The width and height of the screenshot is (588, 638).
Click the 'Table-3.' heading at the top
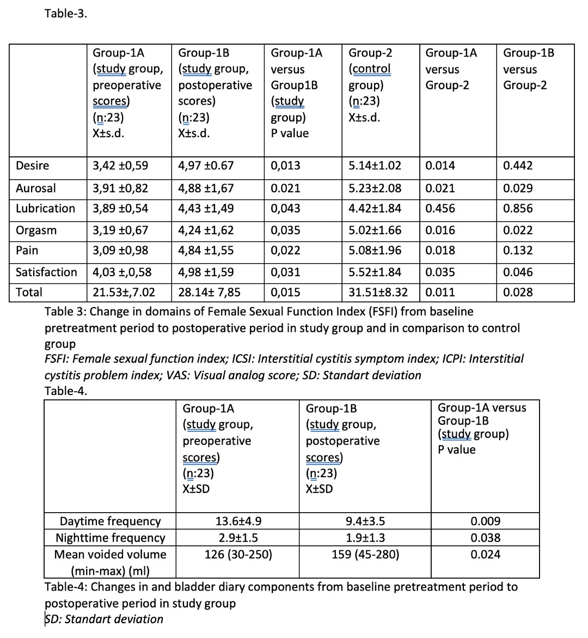(x=66, y=14)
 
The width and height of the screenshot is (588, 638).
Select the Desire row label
(x=32, y=166)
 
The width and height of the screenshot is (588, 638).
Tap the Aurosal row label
(x=35, y=189)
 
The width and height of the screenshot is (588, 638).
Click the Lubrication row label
(x=45, y=209)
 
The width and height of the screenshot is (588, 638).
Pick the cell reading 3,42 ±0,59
(x=120, y=166)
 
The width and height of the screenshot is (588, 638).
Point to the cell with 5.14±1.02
(x=375, y=166)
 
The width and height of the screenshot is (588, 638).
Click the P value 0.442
(x=518, y=166)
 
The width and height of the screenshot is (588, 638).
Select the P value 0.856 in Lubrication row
(x=518, y=209)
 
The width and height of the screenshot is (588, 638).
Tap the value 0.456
(x=440, y=209)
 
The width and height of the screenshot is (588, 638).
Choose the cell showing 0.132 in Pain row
(x=518, y=251)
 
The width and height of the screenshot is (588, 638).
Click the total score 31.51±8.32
(x=378, y=293)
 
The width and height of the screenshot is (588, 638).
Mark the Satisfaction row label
(x=46, y=272)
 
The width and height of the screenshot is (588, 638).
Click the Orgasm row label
(x=36, y=230)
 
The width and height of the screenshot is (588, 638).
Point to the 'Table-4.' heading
(x=66, y=391)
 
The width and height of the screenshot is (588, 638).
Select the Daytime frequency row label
(x=110, y=521)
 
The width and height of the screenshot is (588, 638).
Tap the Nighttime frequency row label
(x=110, y=538)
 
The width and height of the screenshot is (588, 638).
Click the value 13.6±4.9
(x=238, y=521)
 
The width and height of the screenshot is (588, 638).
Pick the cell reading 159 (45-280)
(x=365, y=555)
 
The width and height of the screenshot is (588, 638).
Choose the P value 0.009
(x=485, y=521)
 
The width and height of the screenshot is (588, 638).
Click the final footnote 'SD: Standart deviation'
(x=104, y=619)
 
